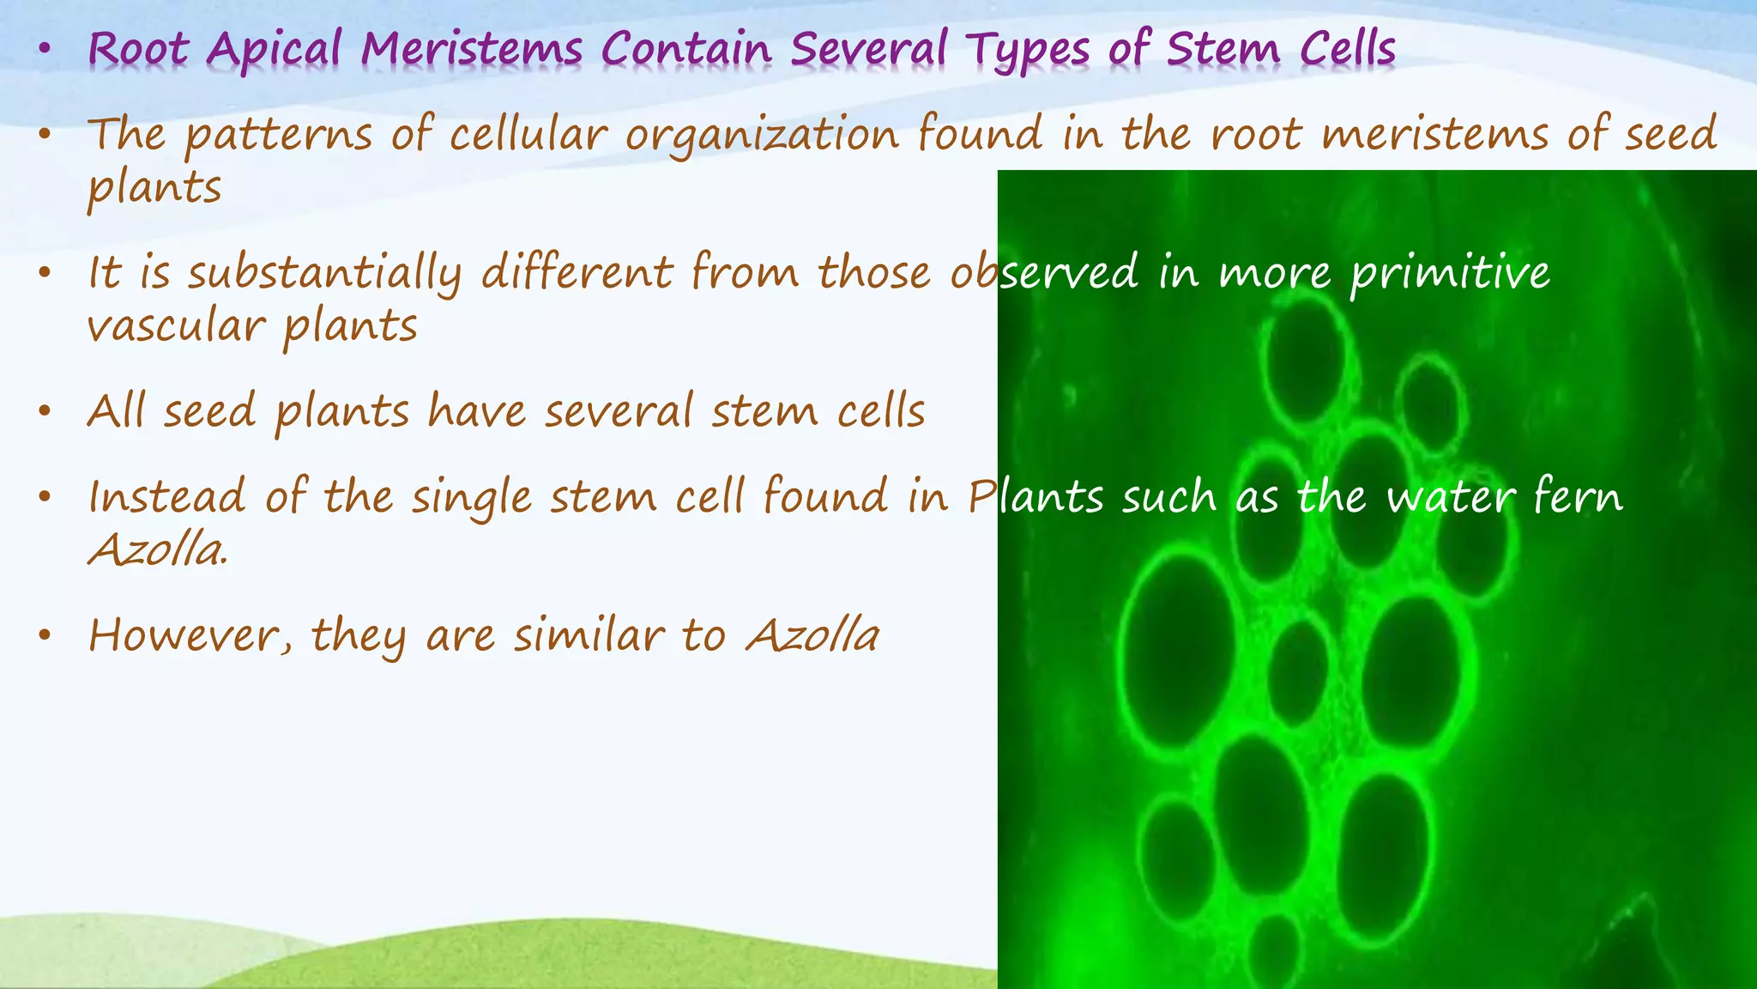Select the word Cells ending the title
coord(1347,49)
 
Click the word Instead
coord(166,497)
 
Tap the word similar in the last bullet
coord(589,636)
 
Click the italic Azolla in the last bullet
coord(812,636)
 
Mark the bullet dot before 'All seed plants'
coord(45,412)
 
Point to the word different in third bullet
coord(577,273)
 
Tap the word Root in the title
coord(137,49)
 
